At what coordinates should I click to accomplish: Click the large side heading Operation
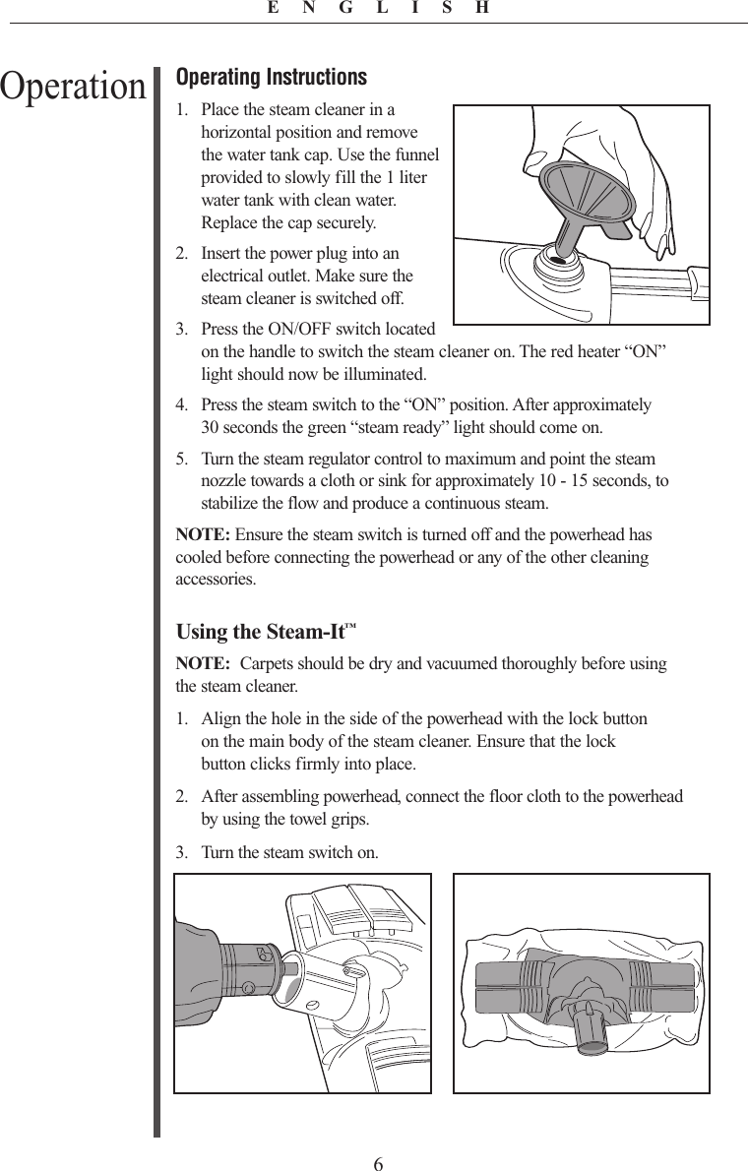click(73, 87)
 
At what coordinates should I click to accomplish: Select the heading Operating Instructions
click(271, 77)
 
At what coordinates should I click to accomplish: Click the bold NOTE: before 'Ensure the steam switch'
click(203, 535)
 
